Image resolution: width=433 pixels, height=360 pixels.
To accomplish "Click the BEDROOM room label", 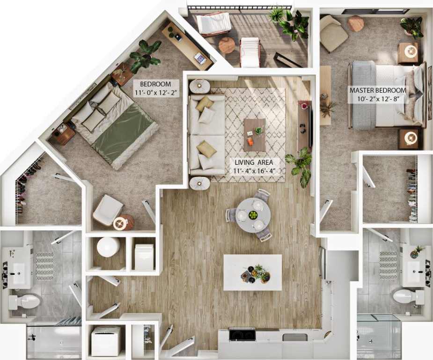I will [155, 84].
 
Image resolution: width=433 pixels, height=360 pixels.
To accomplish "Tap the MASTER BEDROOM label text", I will [377, 90].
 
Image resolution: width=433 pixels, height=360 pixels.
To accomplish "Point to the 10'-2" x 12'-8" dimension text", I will [377, 99].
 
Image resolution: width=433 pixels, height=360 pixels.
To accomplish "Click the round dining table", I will [253, 216].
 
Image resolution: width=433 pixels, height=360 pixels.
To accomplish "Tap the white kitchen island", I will [252, 272].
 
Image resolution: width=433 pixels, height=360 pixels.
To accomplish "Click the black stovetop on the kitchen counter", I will [242, 335].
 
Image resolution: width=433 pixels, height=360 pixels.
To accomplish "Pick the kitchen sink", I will [295, 337].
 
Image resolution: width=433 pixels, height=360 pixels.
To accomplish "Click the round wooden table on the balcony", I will [227, 45].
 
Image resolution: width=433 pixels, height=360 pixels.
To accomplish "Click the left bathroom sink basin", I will [19, 273].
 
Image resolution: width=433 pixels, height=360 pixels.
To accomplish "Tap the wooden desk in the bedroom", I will [187, 44].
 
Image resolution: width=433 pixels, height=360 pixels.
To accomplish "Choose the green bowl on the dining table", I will [253, 215].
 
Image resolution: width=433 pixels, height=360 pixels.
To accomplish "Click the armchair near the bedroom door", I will [108, 210].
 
